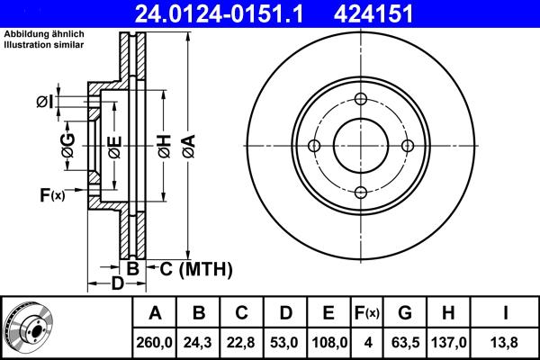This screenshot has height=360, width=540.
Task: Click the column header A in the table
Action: tap(155, 313)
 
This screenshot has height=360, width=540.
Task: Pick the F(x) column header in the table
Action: tap(366, 313)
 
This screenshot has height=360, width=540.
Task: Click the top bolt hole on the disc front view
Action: tap(360, 100)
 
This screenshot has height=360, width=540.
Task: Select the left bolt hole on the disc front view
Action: tap(314, 146)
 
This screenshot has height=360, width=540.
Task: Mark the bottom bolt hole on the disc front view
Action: tap(360, 192)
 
